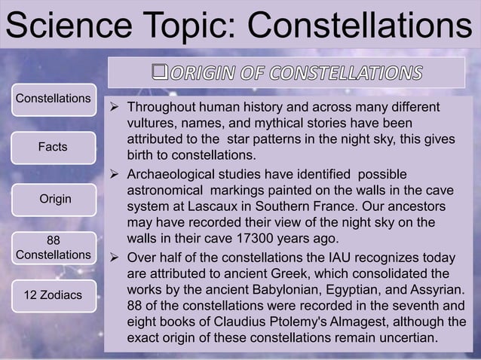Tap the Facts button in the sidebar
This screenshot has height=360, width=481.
point(53,147)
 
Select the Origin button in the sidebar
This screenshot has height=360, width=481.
point(53,199)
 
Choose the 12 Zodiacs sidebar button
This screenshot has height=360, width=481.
point(53,294)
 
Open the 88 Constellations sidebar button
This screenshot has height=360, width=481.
point(53,247)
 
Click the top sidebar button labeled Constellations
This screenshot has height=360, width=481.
point(53,99)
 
